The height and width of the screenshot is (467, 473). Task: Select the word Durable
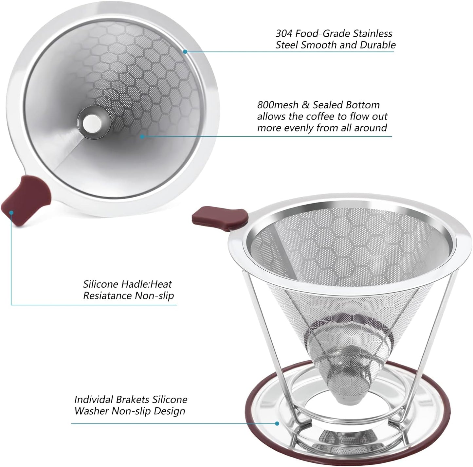[377, 45]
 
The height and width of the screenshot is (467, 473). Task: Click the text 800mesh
[278, 105]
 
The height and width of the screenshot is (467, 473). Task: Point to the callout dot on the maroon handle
[11, 212]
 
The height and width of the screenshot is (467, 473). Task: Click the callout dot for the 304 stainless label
[185, 51]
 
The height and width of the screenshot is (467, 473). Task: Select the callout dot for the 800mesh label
[142, 136]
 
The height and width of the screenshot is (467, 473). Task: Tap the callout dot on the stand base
[277, 423]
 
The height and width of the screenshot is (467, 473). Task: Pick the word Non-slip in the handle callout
[155, 296]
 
